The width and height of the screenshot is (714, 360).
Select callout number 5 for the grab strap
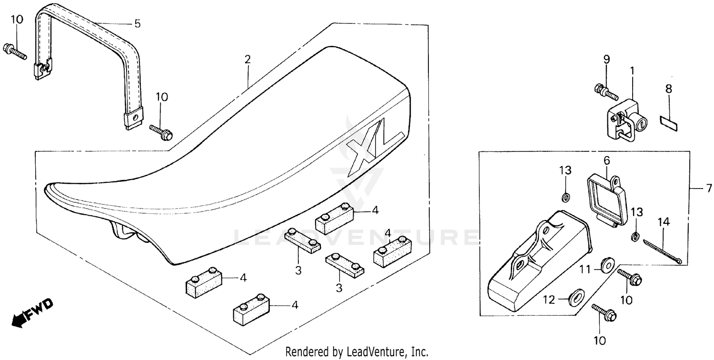tap(138, 24)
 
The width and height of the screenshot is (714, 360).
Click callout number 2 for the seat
tap(248, 60)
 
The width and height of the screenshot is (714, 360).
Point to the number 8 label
tap(669, 89)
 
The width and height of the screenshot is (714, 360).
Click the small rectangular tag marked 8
tap(668, 124)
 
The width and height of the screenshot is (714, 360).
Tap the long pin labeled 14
tap(662, 251)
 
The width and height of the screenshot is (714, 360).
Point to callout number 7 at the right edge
tap(709, 189)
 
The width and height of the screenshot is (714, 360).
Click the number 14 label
tap(664, 222)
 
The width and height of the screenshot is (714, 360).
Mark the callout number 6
tap(606, 160)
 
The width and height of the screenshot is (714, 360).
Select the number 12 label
tap(549, 300)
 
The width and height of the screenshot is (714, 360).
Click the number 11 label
tap(585, 270)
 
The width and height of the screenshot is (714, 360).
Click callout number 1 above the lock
tap(632, 71)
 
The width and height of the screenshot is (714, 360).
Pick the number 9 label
tap(606, 60)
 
